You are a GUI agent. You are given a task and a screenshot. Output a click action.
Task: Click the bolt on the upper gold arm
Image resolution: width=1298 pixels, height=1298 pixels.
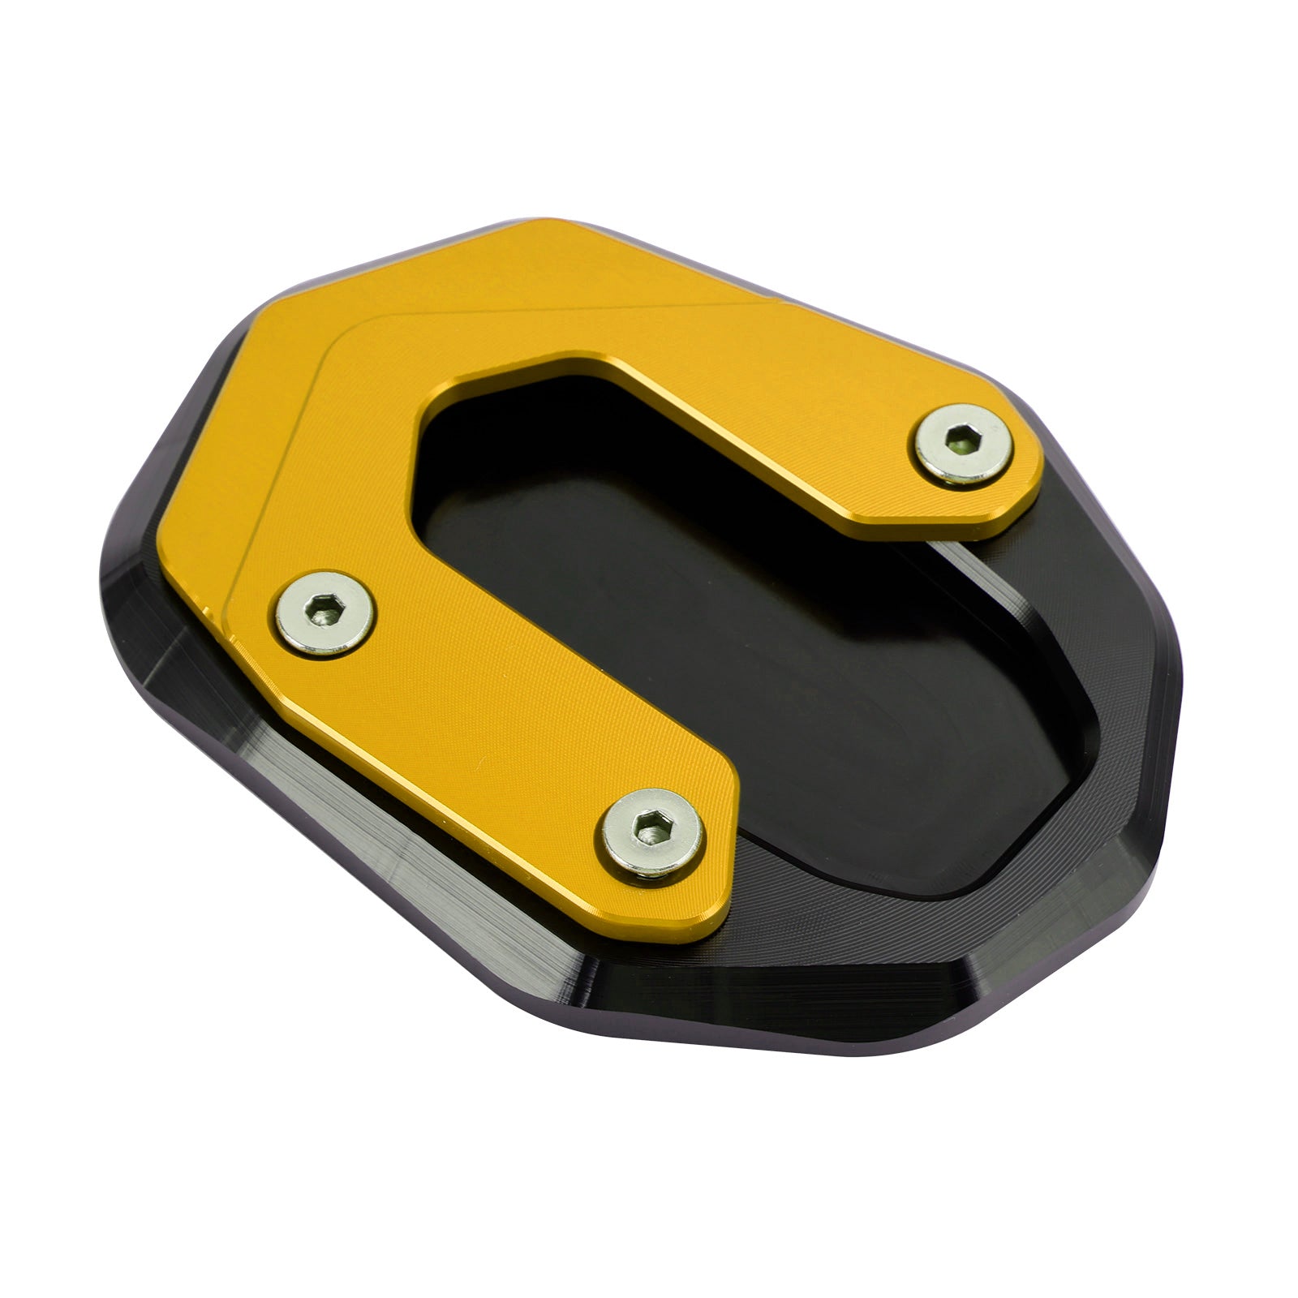pos(962,445)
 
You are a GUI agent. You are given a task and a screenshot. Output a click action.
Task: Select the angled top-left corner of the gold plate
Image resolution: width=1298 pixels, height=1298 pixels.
pos(268,324)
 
